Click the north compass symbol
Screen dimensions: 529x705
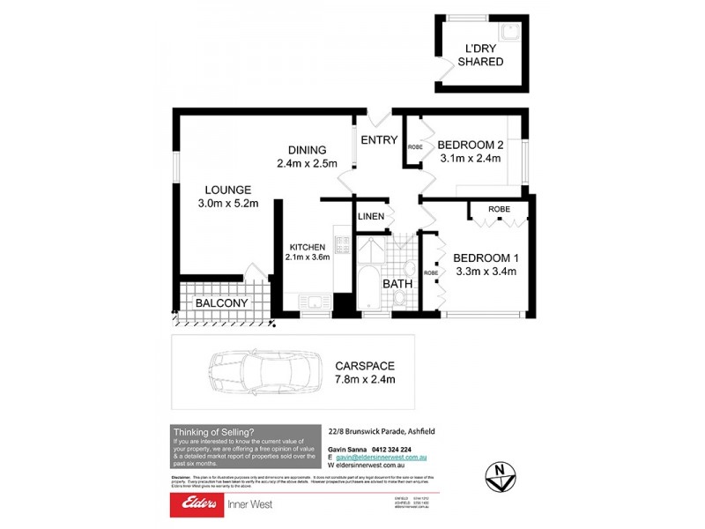pyautogui.click(x=500, y=477)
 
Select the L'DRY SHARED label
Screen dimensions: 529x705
pyautogui.click(x=480, y=55)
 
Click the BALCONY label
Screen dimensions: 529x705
pyautogui.click(x=221, y=302)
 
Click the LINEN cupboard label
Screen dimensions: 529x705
pyautogui.click(x=370, y=216)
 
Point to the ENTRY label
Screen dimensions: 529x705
pyautogui.click(x=379, y=140)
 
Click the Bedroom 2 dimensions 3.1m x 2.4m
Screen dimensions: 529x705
pyautogui.click(x=470, y=159)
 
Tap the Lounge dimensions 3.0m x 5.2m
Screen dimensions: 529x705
pyautogui.click(x=229, y=204)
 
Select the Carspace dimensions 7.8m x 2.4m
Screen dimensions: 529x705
pyautogui.click(x=364, y=379)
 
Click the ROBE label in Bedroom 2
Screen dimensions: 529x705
pyautogui.click(x=415, y=146)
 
